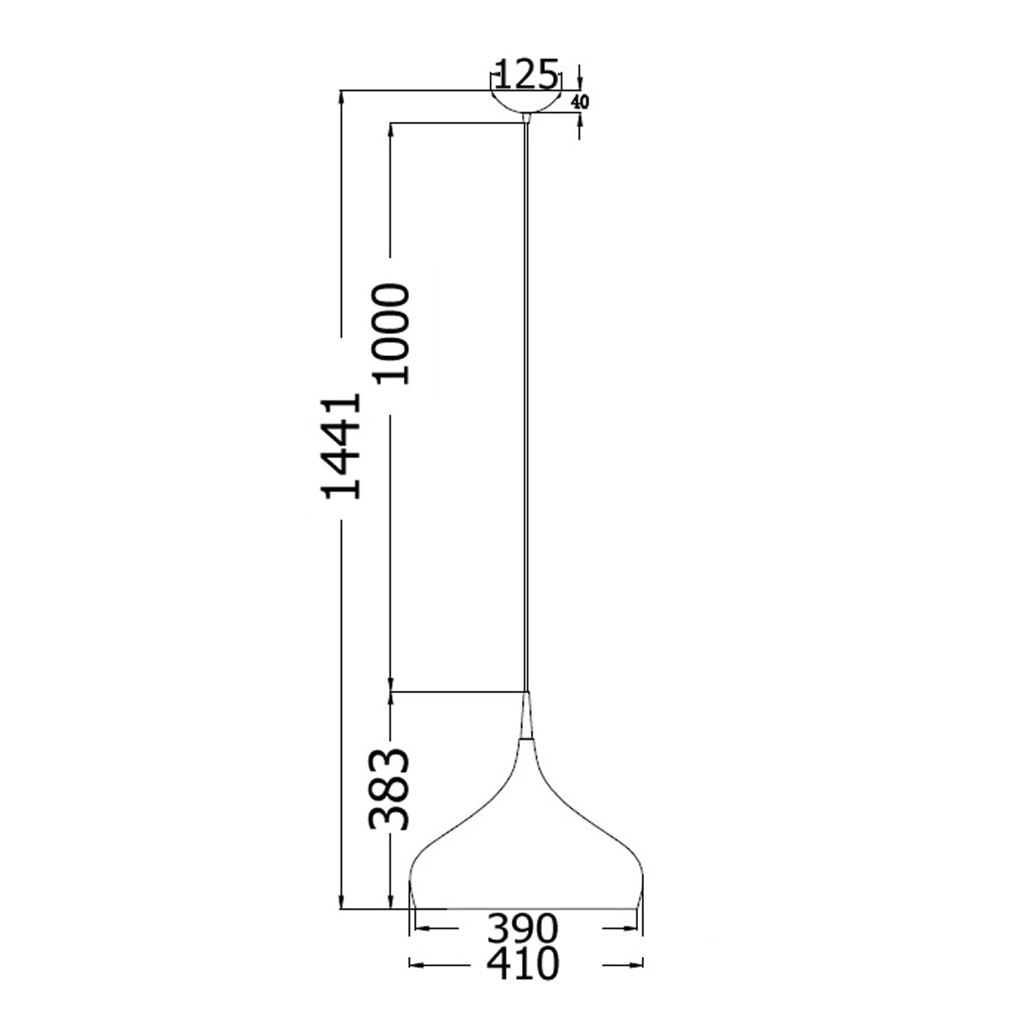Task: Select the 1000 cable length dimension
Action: [x=392, y=333]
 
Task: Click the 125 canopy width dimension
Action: [x=526, y=75]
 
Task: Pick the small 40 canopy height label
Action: [x=580, y=102]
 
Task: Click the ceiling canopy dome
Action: [x=526, y=100]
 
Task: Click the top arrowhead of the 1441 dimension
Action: [x=342, y=97]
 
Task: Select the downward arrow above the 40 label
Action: [x=580, y=82]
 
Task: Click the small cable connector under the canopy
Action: [x=527, y=118]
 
